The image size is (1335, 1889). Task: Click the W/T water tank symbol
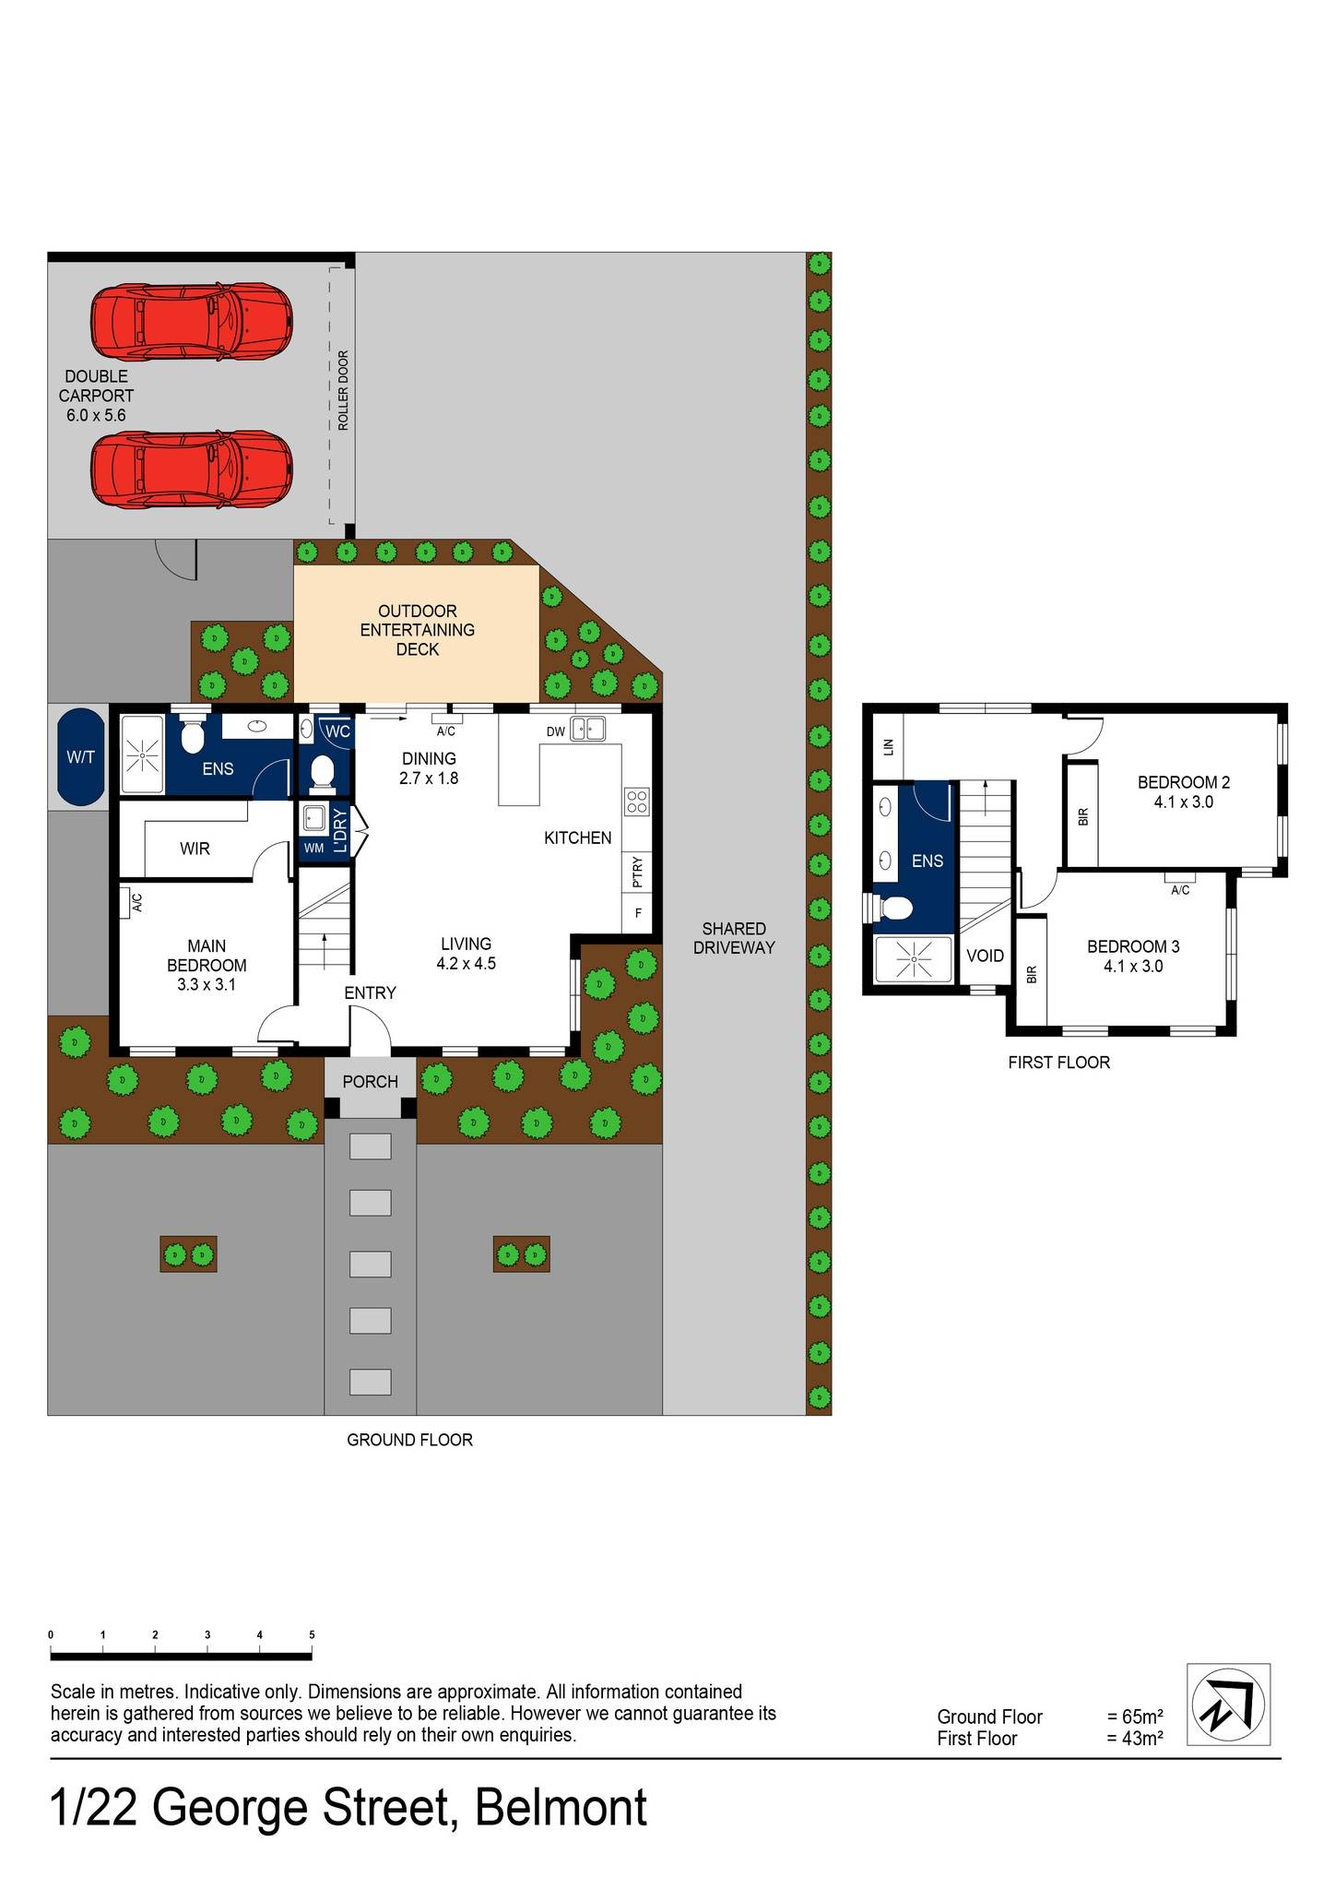(x=80, y=756)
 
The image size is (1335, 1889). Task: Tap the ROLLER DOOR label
(x=343, y=390)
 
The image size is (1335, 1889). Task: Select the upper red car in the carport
(x=191, y=322)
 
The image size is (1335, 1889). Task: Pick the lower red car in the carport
(x=191, y=469)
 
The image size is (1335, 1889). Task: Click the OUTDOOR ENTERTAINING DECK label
(x=417, y=630)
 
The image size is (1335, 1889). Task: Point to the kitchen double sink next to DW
(x=587, y=729)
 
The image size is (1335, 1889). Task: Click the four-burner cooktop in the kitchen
(x=636, y=802)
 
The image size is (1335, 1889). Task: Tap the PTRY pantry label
(x=637, y=872)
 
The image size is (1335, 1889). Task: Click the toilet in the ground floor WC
(x=323, y=773)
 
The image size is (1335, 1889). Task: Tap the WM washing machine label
(x=313, y=848)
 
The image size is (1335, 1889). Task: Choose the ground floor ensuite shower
(x=143, y=754)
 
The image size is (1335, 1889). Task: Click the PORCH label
(x=370, y=1081)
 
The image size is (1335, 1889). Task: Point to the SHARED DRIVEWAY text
(x=734, y=938)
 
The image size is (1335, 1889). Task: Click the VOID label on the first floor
(x=985, y=956)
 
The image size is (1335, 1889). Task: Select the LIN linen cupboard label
(x=889, y=746)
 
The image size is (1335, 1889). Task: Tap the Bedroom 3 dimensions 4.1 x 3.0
(x=1132, y=967)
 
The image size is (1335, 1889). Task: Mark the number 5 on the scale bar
(x=312, y=1634)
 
